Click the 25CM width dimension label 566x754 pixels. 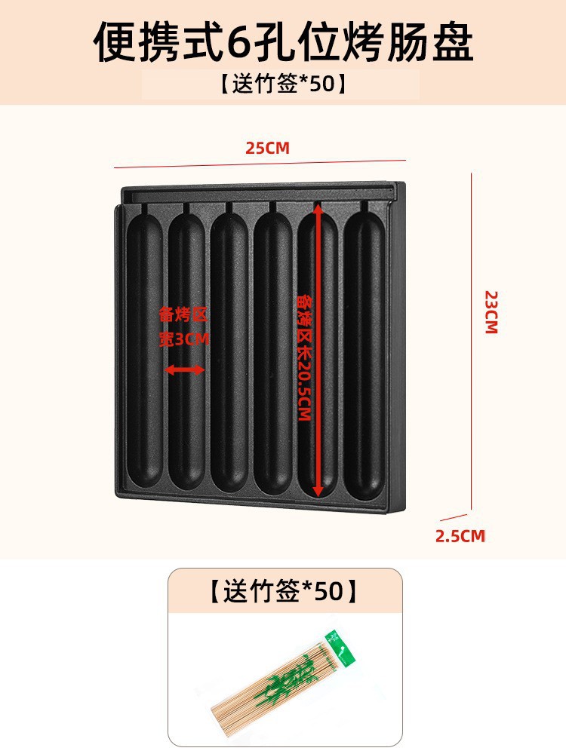pyautogui.click(x=267, y=148)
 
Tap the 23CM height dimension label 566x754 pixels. pyautogui.click(x=491, y=311)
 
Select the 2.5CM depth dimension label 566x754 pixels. pyautogui.click(x=460, y=536)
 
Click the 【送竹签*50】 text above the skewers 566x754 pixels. pyautogui.click(x=283, y=591)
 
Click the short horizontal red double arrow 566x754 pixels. pyautogui.click(x=185, y=369)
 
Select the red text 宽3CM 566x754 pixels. pyautogui.click(x=184, y=339)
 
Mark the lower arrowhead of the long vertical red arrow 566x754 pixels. pyautogui.click(x=318, y=491)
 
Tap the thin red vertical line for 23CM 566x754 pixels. pyautogui.click(x=472, y=339)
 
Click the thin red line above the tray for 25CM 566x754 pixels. pyautogui.click(x=260, y=164)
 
